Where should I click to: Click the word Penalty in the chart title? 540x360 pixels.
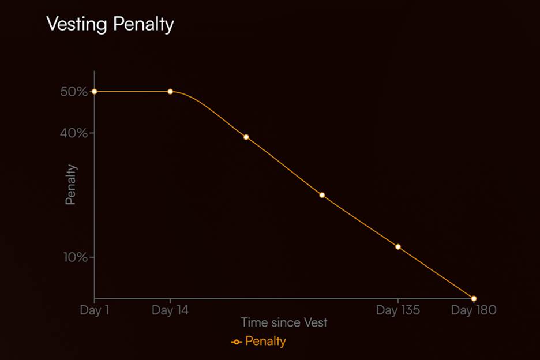point(144,25)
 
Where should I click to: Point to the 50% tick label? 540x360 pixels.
point(73,92)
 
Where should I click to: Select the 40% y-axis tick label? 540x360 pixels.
point(73,133)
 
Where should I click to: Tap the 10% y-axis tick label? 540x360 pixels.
point(75,257)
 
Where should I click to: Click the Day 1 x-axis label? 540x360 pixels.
point(94,310)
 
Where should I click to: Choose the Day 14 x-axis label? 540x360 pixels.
point(170,310)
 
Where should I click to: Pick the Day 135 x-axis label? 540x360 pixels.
point(398,310)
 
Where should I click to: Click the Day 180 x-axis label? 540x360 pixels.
point(474,310)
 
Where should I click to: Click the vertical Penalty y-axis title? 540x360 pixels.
point(70,185)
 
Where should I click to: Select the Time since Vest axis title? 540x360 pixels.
point(284,322)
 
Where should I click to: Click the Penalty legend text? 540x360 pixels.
point(265,341)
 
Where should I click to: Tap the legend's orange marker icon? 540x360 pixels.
point(236,342)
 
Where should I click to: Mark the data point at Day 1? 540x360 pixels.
point(94,92)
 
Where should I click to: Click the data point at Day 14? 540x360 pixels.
point(170,92)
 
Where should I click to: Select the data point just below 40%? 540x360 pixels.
point(246,137)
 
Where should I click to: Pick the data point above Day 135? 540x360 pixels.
point(398,247)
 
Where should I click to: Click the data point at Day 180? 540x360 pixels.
point(474,298)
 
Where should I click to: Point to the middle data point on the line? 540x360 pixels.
point(322,195)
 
